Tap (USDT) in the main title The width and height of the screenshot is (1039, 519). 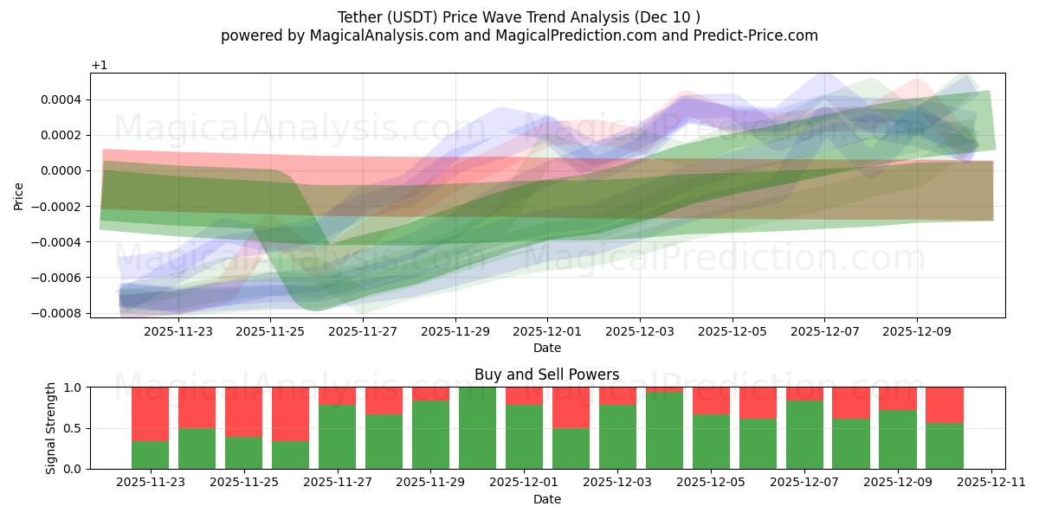coord(416,16)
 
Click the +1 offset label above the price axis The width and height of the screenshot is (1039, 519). coord(99,66)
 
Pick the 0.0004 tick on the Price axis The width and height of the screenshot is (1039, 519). coord(61,99)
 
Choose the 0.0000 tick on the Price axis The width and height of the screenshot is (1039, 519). coord(61,170)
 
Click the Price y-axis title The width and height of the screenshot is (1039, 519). coord(19,195)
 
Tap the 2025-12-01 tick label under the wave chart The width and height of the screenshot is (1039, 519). coord(547,331)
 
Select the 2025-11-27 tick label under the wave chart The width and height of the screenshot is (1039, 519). coord(363,331)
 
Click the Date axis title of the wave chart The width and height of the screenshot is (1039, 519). coord(547,348)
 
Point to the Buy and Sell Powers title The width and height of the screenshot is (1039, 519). coord(547,375)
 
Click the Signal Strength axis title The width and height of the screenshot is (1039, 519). coord(51,427)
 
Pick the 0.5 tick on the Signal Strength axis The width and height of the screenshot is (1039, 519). coord(72,428)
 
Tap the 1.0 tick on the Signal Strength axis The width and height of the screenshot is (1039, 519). coord(72,388)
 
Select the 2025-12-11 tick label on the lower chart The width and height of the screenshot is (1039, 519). coord(989,483)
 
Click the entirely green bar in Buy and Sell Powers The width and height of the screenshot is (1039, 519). coord(477,428)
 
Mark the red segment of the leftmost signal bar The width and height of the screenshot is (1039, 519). coord(150,414)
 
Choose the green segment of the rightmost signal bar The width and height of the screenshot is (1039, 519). coord(945,446)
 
